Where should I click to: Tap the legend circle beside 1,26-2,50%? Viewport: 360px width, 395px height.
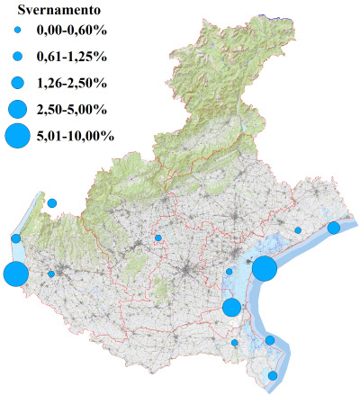pyautogui.click(x=17, y=83)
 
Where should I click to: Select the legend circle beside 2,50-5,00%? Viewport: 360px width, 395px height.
pyautogui.click(x=17, y=110)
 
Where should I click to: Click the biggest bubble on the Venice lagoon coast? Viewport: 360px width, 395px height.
pyautogui.click(x=264, y=268)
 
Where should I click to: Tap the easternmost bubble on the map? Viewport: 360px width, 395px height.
pyautogui.click(x=333, y=228)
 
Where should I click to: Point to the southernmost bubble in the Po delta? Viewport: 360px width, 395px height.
pyautogui.click(x=273, y=375)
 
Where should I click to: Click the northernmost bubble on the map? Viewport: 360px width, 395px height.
pyautogui.click(x=52, y=203)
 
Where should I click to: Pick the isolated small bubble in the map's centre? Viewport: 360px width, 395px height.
pyautogui.click(x=158, y=238)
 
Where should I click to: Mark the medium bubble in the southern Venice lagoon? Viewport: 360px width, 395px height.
pyautogui.click(x=231, y=307)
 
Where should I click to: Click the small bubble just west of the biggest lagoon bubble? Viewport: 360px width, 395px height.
pyautogui.click(x=229, y=271)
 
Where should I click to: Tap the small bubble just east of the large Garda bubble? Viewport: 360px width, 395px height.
pyautogui.click(x=51, y=274)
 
